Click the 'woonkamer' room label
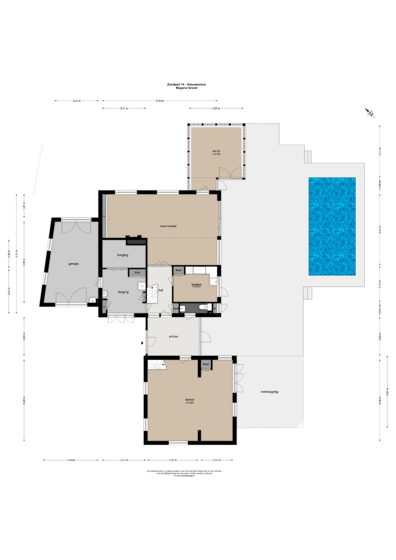[x=168, y=226]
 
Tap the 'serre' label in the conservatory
[x=216, y=151]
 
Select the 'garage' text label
[x=73, y=264]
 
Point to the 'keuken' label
[x=197, y=284]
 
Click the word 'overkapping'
[x=269, y=392]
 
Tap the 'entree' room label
[x=173, y=336]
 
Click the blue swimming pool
[x=332, y=226]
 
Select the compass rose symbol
[x=370, y=113]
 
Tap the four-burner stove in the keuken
[x=190, y=270]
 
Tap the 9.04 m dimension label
[x=159, y=100]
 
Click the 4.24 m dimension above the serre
[x=216, y=108]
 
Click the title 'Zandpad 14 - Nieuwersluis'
[x=186, y=84]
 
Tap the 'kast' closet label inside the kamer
[x=206, y=364]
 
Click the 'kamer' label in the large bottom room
[x=190, y=399]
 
